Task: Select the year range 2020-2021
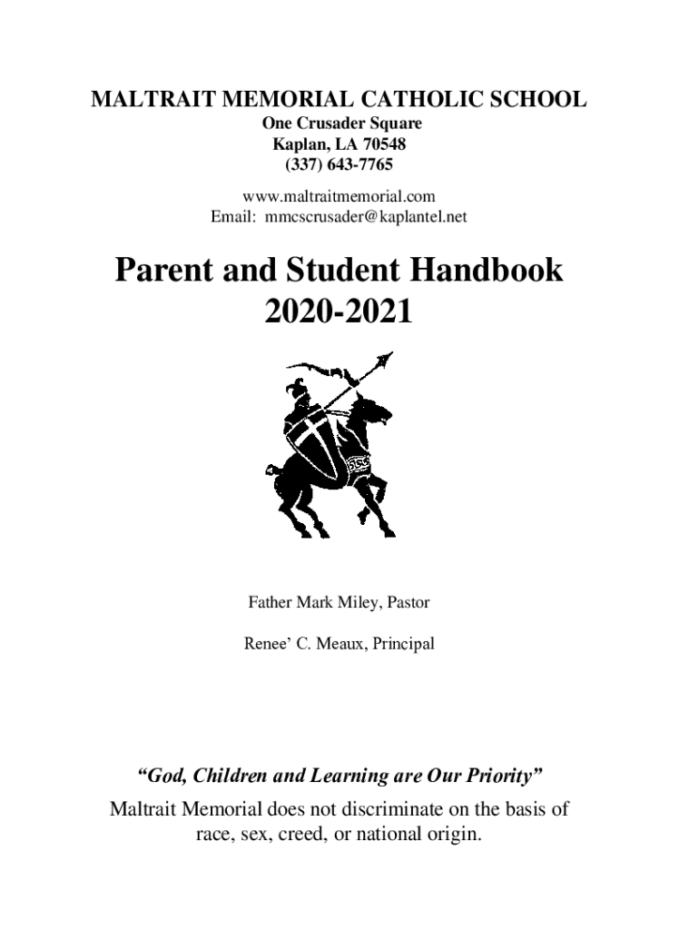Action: point(339,312)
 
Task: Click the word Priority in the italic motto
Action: point(503,776)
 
